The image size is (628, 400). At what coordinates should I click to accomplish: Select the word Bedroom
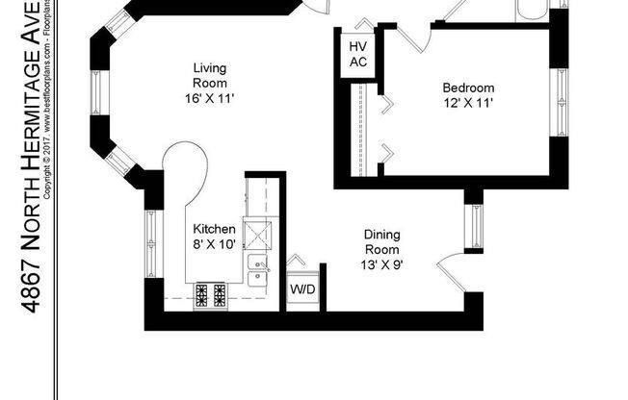pos(468,87)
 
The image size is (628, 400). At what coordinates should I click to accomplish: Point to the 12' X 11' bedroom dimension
pos(468,104)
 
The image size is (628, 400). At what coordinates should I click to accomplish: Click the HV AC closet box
pos(357,55)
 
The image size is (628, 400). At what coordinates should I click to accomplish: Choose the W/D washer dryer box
pos(302,288)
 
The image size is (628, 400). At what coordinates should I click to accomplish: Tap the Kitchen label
pos(214,230)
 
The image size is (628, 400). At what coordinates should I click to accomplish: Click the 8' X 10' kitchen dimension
pos(214,245)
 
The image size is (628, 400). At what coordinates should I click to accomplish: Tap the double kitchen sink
pos(259,270)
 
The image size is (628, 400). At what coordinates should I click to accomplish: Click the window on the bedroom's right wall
pos(561,99)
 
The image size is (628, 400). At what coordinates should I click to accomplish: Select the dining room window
pos(473,228)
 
